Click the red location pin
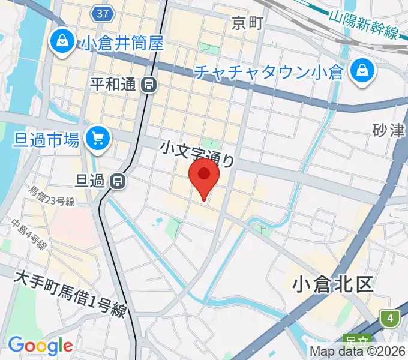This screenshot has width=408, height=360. (204, 175)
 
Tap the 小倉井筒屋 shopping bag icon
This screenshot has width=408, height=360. (62, 41)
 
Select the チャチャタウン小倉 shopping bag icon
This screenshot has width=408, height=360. (363, 72)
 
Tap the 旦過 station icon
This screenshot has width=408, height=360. (119, 179)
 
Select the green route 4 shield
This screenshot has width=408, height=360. (391, 319)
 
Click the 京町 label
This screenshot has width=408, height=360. (247, 23)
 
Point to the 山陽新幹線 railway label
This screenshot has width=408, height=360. (364, 23)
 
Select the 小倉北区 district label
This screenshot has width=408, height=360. (333, 284)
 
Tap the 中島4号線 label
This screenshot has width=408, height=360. (29, 233)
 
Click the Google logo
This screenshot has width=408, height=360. (40, 346)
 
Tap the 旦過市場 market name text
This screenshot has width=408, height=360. (46, 140)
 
